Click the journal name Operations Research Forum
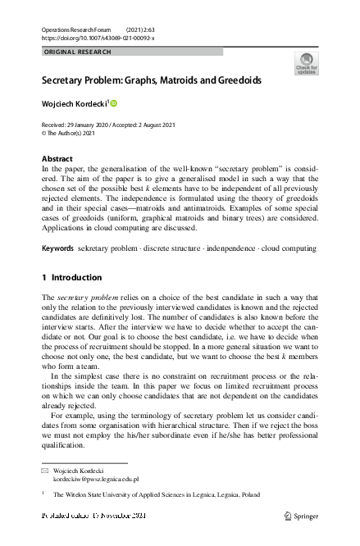point(75,29)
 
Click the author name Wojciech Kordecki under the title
point(74,104)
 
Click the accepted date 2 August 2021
point(166,123)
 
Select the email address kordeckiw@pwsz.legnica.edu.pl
point(96,479)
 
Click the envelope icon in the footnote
point(45,471)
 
